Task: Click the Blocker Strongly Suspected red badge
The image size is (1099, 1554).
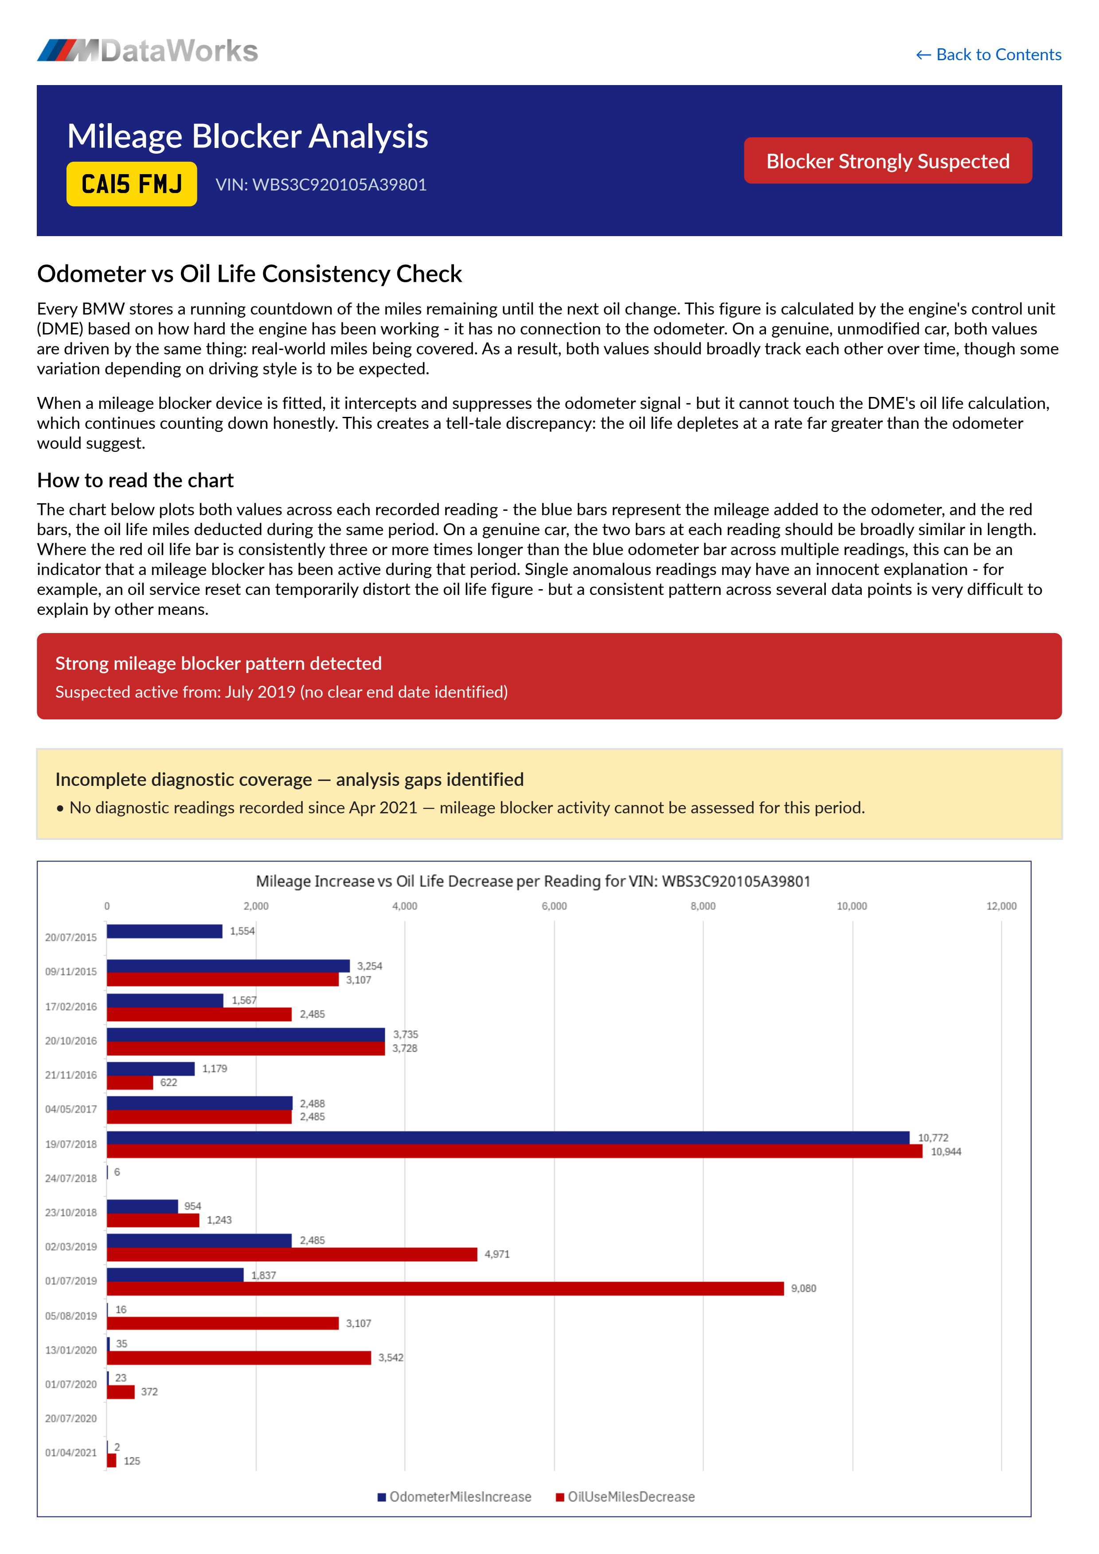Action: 887,161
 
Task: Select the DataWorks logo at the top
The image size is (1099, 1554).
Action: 148,51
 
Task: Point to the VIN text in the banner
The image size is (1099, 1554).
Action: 321,185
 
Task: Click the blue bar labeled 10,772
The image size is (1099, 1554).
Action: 508,1137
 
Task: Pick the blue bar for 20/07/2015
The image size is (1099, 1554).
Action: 164,931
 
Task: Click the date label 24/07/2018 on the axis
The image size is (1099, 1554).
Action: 70,1178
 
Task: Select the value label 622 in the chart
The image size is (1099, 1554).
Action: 168,1082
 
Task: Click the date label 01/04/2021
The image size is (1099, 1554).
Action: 70,1453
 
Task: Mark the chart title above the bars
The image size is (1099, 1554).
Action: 533,881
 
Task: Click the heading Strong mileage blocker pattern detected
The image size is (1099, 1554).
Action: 218,663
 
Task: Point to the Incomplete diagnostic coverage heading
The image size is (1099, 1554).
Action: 289,779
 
